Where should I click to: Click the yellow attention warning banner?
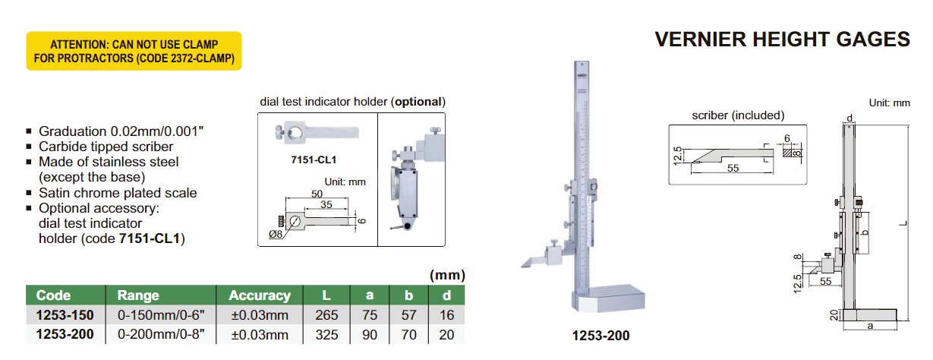pos(134,51)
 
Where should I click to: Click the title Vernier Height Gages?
pos(782,39)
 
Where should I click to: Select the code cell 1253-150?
pos(65,315)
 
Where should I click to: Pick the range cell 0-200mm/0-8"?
pos(161,335)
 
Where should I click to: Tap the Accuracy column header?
pos(260,295)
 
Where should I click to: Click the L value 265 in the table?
pos(326,315)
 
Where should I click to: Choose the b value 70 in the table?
pos(408,335)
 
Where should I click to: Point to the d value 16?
pos(446,315)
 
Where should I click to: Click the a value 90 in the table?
pos(370,335)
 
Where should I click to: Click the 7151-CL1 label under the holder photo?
pos(314,159)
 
